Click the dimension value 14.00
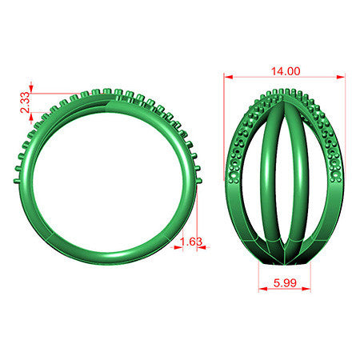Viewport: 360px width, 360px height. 286,71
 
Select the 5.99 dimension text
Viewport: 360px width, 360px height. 285,282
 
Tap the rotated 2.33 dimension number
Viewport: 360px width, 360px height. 26,102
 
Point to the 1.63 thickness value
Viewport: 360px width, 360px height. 191,242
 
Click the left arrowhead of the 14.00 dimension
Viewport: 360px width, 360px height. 229,77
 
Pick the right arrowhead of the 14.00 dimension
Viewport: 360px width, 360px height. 341,77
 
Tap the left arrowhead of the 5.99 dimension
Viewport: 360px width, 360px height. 263,289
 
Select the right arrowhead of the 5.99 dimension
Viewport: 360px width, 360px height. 306,289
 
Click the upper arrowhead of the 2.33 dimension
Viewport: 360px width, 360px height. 31,88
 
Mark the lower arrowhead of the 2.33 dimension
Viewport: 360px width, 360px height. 31,117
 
